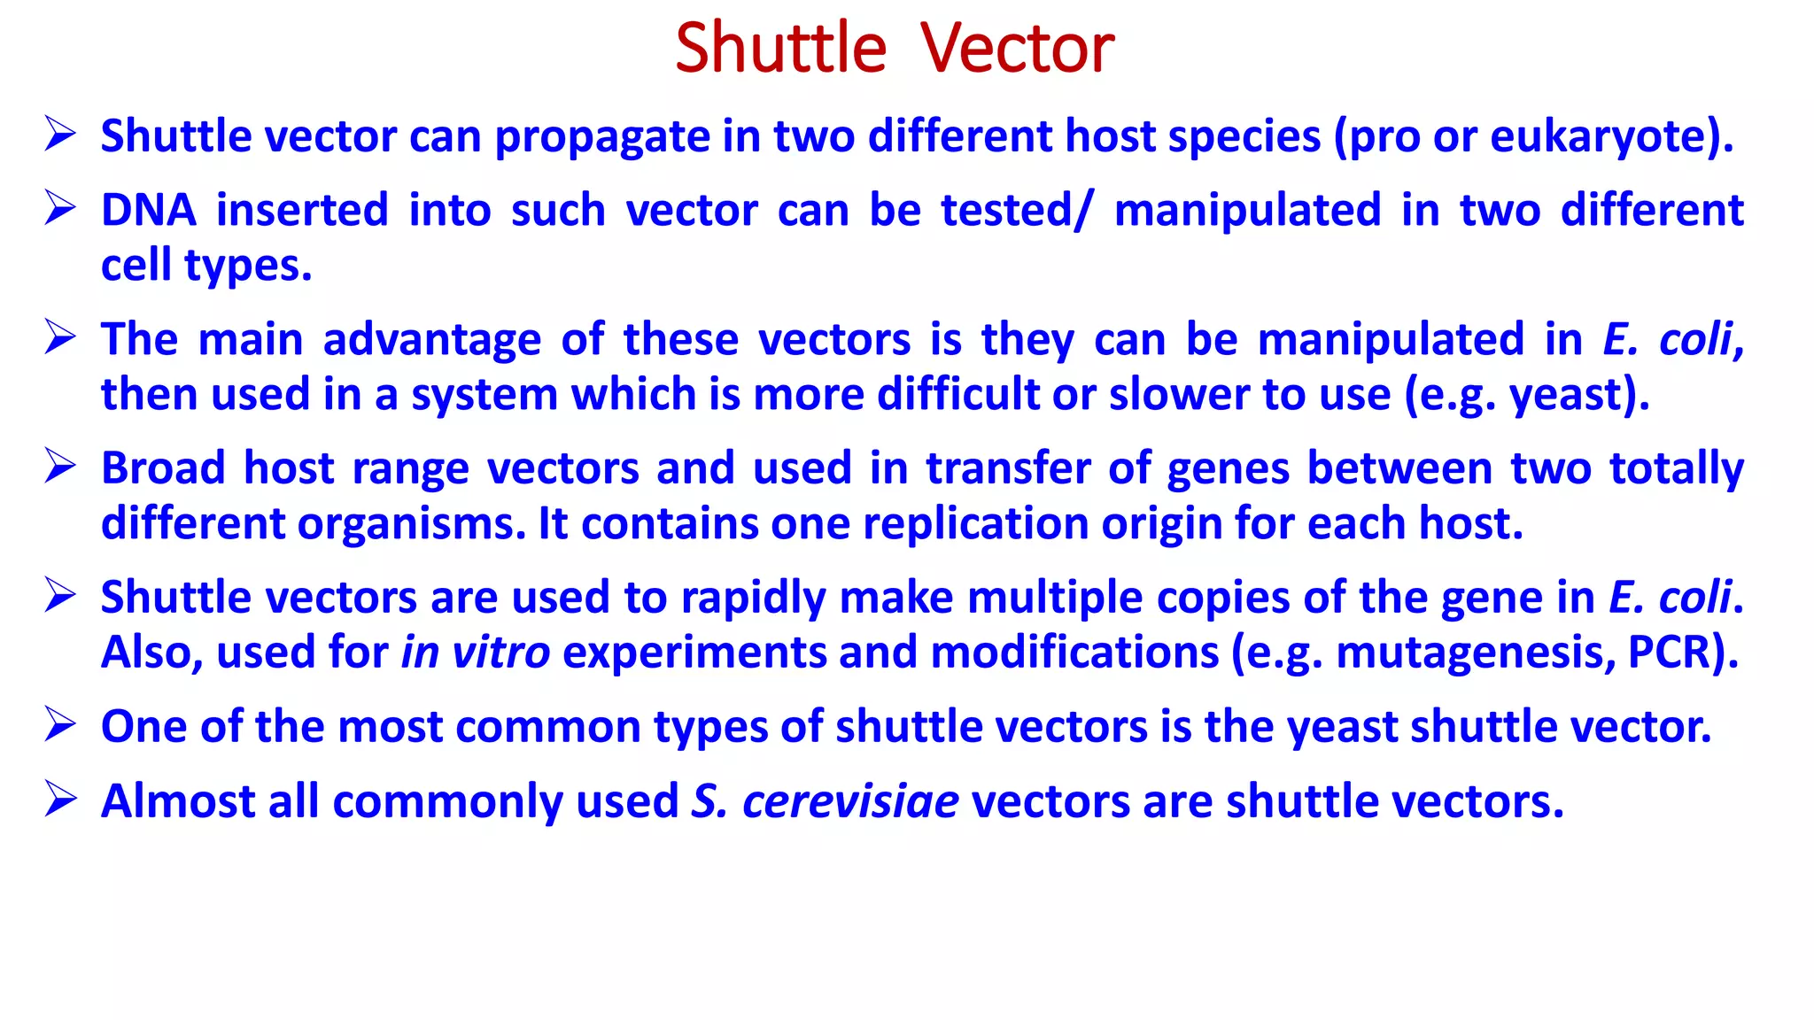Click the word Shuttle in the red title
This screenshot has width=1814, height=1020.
pyautogui.click(x=779, y=49)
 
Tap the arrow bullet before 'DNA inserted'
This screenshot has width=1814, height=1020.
pyautogui.click(x=60, y=209)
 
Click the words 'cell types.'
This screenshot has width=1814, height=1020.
pyautogui.click(x=206, y=266)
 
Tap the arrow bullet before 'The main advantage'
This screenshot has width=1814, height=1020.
pyautogui.click(x=60, y=338)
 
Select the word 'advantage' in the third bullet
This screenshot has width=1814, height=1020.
pyautogui.click(x=431, y=340)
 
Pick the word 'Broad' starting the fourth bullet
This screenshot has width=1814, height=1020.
pyautogui.click(x=163, y=467)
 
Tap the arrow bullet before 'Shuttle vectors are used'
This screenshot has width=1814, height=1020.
pyautogui.click(x=60, y=596)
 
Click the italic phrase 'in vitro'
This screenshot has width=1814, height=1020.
pyautogui.click(x=476, y=653)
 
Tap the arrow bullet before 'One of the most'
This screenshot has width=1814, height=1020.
pyautogui.click(x=60, y=725)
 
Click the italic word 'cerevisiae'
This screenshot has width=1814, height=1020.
pyautogui.click(x=849, y=801)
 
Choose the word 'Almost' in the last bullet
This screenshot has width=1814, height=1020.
pyautogui.click(x=178, y=801)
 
